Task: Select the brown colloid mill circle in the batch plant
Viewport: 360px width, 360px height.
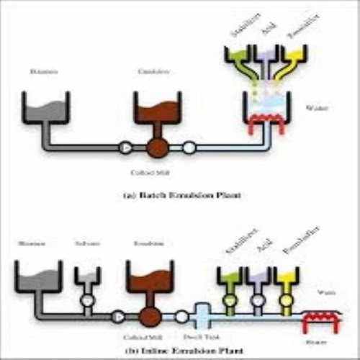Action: pyautogui.click(x=156, y=148)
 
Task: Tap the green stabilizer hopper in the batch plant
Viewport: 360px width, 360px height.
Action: pyautogui.click(x=238, y=56)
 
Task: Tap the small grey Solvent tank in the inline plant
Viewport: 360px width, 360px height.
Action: pyautogui.click(x=87, y=277)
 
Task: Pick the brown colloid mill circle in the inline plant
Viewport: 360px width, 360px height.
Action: pyautogui.click(x=149, y=316)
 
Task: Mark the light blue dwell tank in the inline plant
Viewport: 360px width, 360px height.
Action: pyautogui.click(x=203, y=315)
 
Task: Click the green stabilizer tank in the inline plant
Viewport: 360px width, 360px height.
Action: pyautogui.click(x=230, y=278)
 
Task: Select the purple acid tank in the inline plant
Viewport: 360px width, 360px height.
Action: pyautogui.click(x=258, y=278)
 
